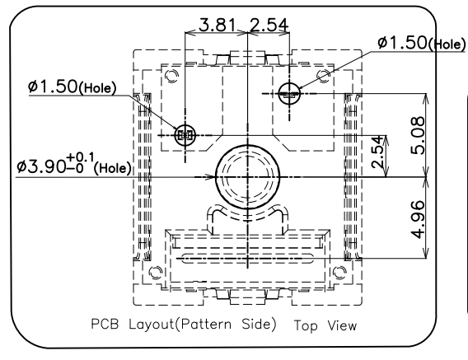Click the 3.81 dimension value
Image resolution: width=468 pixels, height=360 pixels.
[x=217, y=25]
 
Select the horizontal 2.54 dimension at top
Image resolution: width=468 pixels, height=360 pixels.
[x=269, y=25]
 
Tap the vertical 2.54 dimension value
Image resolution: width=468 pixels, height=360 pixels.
[x=377, y=152]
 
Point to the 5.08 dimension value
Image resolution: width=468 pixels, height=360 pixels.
[x=417, y=136]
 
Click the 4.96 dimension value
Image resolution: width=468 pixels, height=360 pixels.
[x=417, y=220]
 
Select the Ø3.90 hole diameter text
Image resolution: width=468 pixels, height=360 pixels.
[x=41, y=166]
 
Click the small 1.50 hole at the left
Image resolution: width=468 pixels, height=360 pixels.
[x=185, y=135]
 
